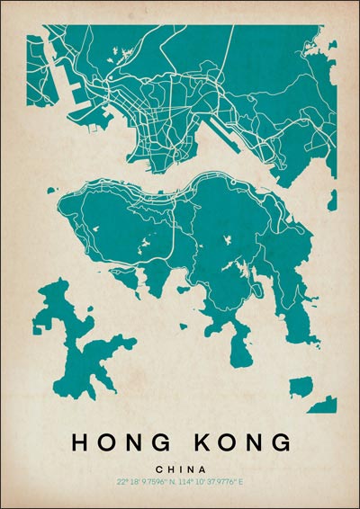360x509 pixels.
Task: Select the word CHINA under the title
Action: [180, 469]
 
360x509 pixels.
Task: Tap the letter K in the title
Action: [203, 442]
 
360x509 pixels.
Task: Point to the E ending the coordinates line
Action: [241, 482]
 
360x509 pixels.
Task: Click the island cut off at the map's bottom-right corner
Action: [324, 406]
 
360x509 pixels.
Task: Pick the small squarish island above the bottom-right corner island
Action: [301, 387]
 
